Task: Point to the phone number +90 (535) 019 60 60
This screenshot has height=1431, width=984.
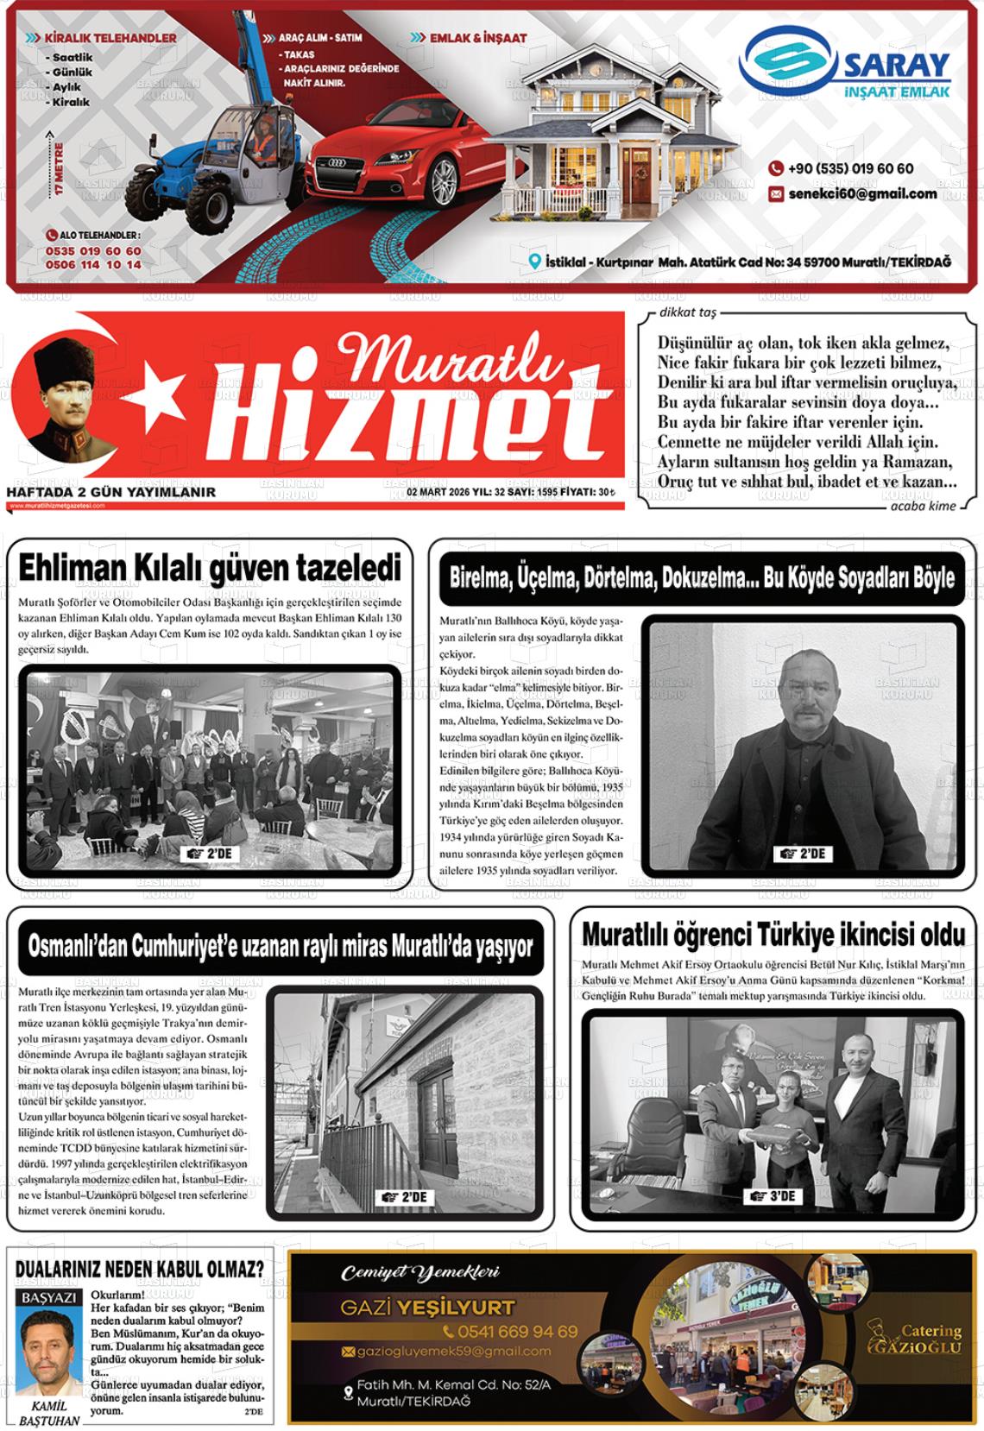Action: coord(849,169)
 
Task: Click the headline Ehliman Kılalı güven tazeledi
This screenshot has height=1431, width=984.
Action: coord(210,569)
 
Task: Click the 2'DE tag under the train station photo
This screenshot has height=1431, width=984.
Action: coord(405,1198)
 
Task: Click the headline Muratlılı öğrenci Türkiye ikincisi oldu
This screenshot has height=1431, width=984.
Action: coord(773,935)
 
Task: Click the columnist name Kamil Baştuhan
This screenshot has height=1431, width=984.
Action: coord(49,1413)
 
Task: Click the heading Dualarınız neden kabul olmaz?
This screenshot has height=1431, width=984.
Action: coord(139,1269)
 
